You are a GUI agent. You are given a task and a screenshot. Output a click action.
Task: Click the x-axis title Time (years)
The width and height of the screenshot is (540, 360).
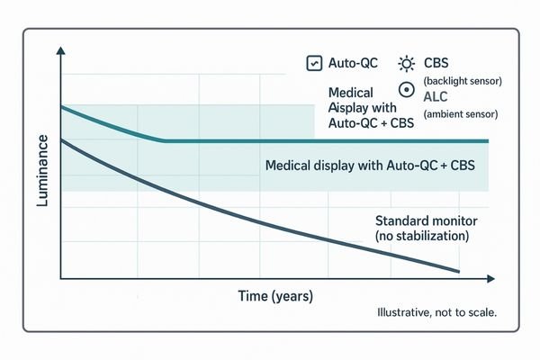pos(276,296)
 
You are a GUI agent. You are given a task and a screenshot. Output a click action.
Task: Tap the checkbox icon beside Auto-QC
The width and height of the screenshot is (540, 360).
pos(314,64)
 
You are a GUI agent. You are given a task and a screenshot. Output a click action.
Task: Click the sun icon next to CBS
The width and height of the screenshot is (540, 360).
pos(407,64)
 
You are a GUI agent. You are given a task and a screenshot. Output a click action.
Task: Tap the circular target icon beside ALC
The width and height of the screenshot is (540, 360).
pos(406,90)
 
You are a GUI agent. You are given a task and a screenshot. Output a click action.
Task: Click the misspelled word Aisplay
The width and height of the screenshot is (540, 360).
pos(346,109)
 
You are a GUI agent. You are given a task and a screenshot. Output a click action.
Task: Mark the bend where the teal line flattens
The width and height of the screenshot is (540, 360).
pos(163,140)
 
